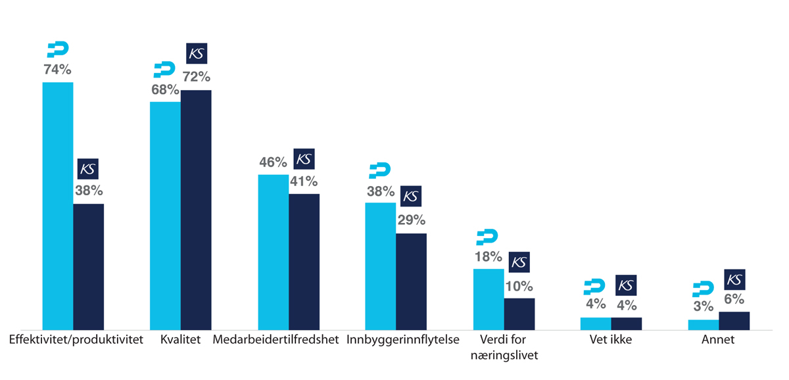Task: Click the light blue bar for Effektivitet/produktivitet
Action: click(58, 205)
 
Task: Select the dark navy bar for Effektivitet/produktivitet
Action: click(88, 266)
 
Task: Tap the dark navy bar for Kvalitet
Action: click(196, 209)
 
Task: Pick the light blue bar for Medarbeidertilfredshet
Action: click(273, 251)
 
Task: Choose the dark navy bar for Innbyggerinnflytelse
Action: click(411, 281)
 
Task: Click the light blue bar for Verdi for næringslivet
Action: click(489, 298)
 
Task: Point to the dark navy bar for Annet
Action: click(734, 320)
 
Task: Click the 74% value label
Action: click(57, 69)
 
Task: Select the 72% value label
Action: click(196, 77)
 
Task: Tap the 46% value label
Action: click(273, 162)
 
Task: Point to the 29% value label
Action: click(411, 220)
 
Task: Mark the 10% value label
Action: click(519, 286)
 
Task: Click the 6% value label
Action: click(734, 299)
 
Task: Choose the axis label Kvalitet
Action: click(180, 341)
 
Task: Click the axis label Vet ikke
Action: click(611, 341)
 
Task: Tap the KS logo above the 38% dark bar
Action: click(88, 169)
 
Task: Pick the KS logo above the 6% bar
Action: click(734, 279)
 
